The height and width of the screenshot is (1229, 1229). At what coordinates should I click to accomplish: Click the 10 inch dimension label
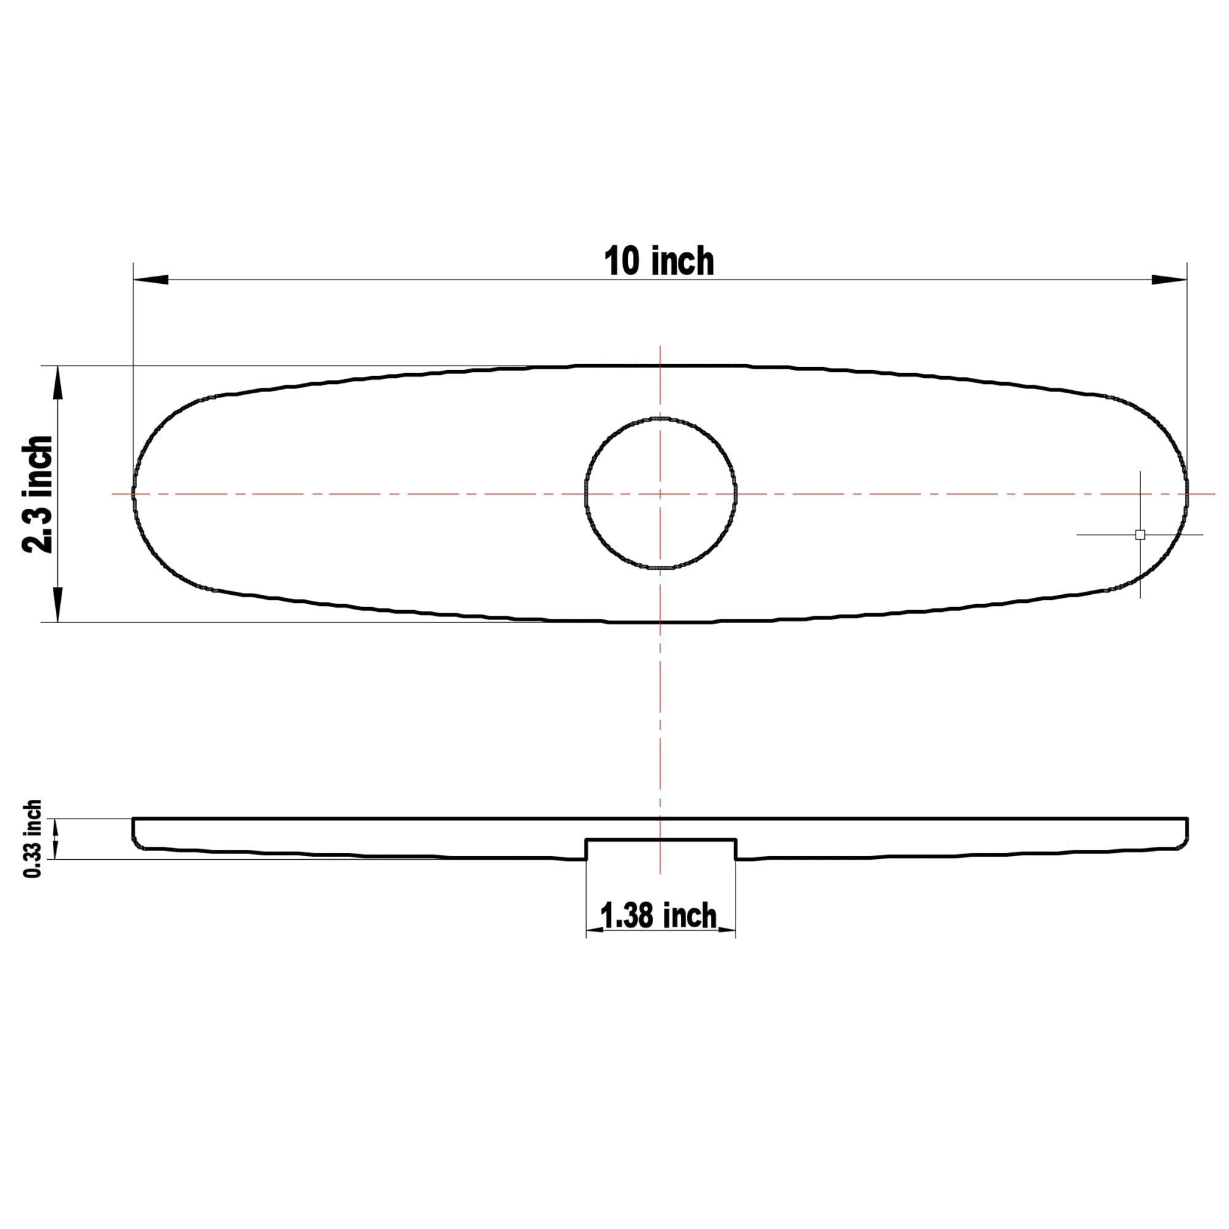point(659,261)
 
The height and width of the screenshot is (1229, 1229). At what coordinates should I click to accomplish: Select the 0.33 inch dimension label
point(33,839)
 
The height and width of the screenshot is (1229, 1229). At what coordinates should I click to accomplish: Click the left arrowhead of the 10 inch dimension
point(151,280)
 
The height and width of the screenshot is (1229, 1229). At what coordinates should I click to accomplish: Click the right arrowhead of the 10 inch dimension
point(1169,280)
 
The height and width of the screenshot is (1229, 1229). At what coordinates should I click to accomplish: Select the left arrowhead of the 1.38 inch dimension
point(595,930)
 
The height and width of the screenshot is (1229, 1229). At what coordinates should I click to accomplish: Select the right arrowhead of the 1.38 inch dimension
point(727,930)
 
